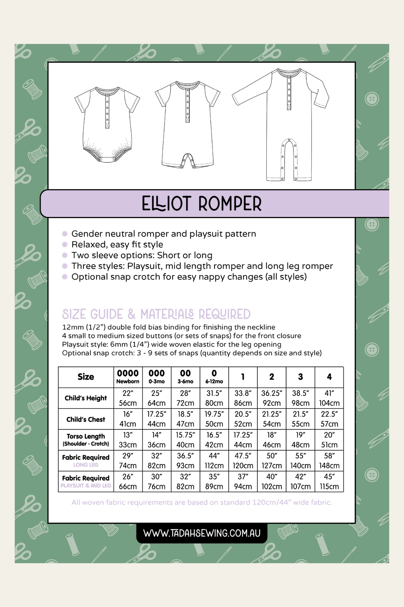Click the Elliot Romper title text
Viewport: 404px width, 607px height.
[x=201, y=204]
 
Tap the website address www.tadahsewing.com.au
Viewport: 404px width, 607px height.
[x=202, y=533]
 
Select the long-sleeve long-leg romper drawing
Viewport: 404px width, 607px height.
[x=281, y=125]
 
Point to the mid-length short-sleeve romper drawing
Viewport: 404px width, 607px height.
[x=187, y=125]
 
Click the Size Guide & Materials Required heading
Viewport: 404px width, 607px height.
[x=156, y=314]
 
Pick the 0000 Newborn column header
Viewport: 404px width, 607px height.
[x=128, y=377]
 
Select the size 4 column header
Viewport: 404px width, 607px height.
[x=329, y=377]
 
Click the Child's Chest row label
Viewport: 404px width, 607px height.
[x=86, y=419]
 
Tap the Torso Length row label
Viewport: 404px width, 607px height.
[x=86, y=439]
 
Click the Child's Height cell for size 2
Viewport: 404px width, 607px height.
[x=272, y=398]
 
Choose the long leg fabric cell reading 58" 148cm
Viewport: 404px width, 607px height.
[x=329, y=460]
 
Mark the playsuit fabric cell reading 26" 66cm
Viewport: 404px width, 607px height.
[x=128, y=481]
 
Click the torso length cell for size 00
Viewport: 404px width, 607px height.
[x=185, y=439]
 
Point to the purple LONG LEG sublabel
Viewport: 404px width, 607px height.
[x=86, y=465]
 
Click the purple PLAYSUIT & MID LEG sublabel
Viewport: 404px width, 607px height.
[x=86, y=486]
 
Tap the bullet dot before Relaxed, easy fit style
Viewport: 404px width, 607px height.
[x=64, y=245]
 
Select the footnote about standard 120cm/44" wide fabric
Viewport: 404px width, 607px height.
[x=202, y=502]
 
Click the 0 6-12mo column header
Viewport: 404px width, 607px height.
[x=214, y=377]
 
